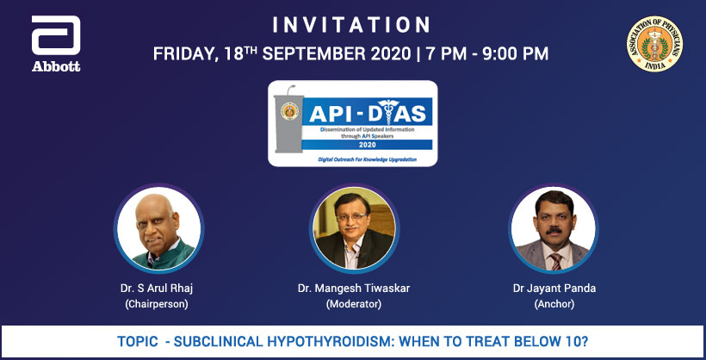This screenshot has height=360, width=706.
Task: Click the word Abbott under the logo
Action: pos(55,66)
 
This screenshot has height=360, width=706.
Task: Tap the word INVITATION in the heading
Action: pos(350,23)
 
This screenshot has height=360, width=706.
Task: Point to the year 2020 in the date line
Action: pos(393,53)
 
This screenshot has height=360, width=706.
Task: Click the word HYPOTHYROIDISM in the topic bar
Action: pos(342,342)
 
